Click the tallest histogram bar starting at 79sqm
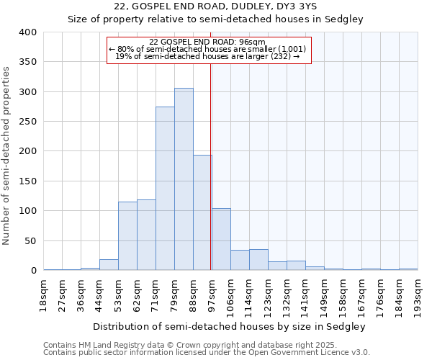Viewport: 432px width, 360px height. [x=184, y=179]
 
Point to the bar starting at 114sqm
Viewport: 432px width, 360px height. [x=258, y=260]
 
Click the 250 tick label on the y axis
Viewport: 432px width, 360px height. [x=27, y=122]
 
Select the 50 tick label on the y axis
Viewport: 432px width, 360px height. [x=30, y=241]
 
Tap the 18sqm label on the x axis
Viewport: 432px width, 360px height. [x=44, y=291]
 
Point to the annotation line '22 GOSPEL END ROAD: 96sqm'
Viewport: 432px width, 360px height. [x=208, y=42]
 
